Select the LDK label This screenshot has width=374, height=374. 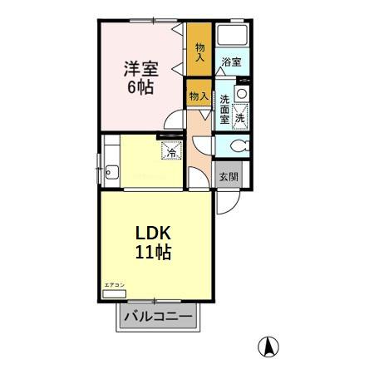154,234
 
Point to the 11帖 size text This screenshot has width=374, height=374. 154,253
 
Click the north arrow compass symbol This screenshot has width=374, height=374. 269,346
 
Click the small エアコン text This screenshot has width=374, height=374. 114,285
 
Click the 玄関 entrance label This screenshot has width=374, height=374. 229,176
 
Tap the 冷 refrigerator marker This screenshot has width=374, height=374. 171,151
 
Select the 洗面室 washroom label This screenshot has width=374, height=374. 224,110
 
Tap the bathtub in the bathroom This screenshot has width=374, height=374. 233,37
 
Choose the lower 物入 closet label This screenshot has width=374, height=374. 198,97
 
